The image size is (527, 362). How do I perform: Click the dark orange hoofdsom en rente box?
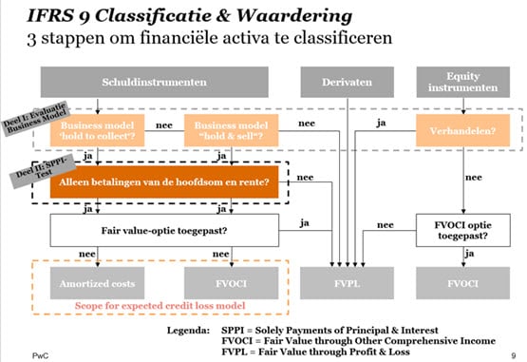[163, 181]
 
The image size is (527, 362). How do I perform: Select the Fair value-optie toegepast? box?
[163, 229]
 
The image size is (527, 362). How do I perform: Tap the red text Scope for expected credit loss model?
[163, 306]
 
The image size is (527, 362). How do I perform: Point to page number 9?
[513, 352]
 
